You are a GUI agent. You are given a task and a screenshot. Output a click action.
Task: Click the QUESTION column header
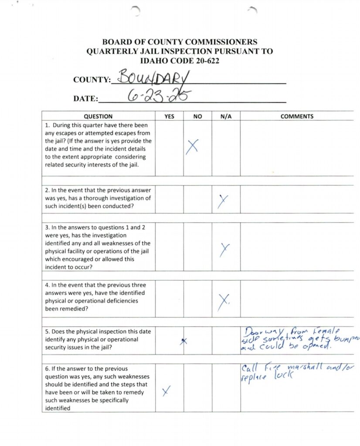tap(98, 116)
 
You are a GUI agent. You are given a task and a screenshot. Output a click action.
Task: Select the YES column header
tap(169, 116)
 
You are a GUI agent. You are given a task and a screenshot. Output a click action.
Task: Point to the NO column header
tap(197, 116)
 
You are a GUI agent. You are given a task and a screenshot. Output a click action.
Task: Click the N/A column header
tap(226, 116)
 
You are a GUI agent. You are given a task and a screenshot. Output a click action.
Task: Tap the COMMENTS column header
tap(297, 116)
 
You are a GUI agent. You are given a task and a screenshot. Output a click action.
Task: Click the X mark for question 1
tap(192, 147)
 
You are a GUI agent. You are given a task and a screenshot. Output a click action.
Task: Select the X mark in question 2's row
tap(223, 200)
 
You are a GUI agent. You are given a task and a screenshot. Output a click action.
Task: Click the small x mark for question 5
tap(184, 341)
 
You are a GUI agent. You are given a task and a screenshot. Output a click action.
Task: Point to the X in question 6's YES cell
tap(166, 392)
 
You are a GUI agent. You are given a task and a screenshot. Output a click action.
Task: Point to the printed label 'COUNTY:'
tap(92, 80)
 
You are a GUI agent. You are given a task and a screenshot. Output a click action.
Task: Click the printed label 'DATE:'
tap(85, 99)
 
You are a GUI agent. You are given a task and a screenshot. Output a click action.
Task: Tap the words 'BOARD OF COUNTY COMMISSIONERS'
tap(180, 42)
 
